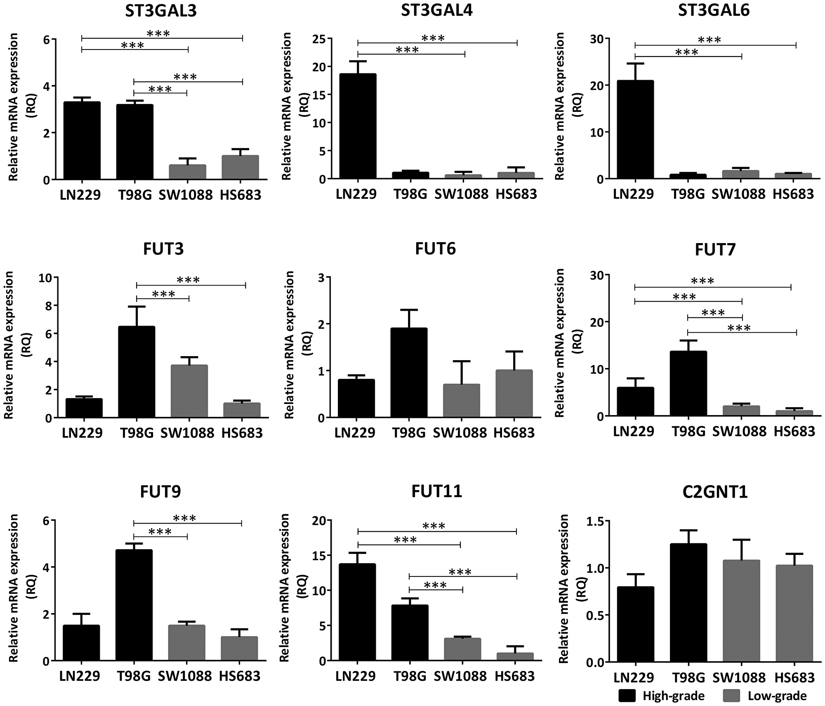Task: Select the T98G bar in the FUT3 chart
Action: pyautogui.click(x=137, y=372)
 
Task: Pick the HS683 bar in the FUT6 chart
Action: pyautogui.click(x=514, y=394)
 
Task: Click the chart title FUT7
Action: pyautogui.click(x=715, y=250)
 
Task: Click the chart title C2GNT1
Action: pyautogui.click(x=715, y=492)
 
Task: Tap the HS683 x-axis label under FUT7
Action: pyautogui.click(x=794, y=432)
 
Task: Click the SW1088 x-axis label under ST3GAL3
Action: pyautogui.click(x=186, y=195)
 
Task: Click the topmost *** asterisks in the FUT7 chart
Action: pyautogui.click(x=702, y=281)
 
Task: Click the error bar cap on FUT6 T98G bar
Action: pyautogui.click(x=409, y=309)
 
